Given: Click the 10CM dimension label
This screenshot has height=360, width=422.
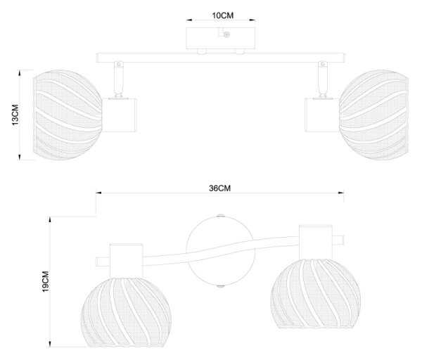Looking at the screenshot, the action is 222,15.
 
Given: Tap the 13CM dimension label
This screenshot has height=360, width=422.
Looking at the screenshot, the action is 15,115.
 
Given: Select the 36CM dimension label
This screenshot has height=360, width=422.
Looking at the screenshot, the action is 220,188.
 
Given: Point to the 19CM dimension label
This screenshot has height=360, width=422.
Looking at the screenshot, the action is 46,281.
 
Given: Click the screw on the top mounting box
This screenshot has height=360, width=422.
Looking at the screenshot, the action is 226,34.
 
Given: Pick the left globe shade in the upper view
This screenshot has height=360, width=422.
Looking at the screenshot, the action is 68,115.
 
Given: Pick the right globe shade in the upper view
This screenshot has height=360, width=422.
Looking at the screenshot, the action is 374,115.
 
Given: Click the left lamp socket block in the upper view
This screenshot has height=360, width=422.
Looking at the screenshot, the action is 120,115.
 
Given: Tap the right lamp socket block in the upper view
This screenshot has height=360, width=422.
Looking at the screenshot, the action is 322,115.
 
